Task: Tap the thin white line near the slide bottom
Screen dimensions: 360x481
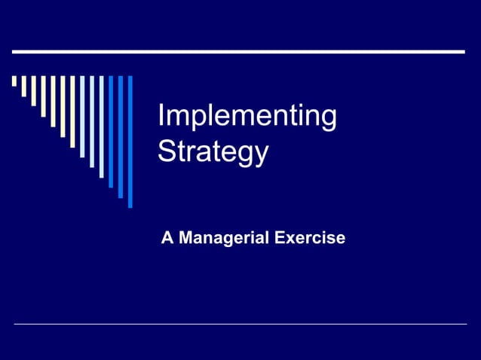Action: pos(240,324)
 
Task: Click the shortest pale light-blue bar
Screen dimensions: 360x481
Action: pos(82,116)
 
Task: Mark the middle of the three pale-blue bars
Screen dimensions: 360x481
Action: pos(92,121)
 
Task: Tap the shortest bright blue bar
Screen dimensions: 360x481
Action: pos(111,131)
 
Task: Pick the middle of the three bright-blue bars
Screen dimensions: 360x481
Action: pos(121,136)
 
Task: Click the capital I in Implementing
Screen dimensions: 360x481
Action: pos(162,117)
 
